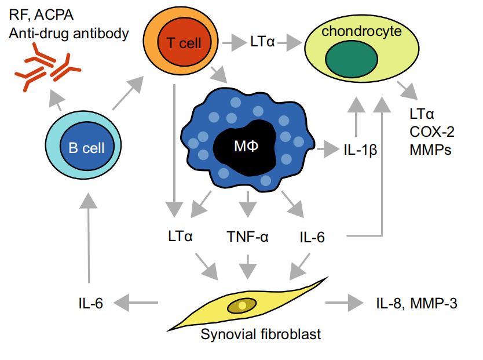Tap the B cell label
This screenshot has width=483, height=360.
point(86,147)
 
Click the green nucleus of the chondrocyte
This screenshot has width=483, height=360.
point(352,60)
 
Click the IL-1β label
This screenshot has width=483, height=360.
point(361,150)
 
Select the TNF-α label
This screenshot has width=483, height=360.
point(247,237)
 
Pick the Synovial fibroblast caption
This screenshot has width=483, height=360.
point(261,334)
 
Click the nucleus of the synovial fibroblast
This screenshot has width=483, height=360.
point(241,305)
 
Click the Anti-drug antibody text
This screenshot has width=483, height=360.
point(68,33)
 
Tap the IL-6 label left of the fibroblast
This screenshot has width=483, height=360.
point(90,301)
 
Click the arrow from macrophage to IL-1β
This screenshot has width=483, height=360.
point(329,149)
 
